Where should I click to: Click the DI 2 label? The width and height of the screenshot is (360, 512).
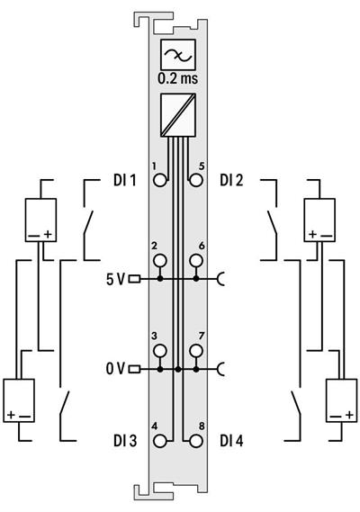(233, 180)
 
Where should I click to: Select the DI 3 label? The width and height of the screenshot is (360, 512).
(123, 441)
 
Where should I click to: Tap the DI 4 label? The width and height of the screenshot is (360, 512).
(234, 441)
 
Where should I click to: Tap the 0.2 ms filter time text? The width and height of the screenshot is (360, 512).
(177, 78)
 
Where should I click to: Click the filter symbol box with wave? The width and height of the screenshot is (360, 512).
(177, 56)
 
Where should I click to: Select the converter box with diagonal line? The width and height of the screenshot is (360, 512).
(177, 114)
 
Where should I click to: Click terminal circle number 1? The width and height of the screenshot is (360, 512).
(160, 180)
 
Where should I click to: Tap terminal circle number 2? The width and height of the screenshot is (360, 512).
(160, 261)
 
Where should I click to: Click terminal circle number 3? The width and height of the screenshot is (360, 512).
(160, 350)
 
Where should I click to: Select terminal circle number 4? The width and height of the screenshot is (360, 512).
(160, 441)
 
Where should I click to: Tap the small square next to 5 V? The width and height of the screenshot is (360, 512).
(134, 279)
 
